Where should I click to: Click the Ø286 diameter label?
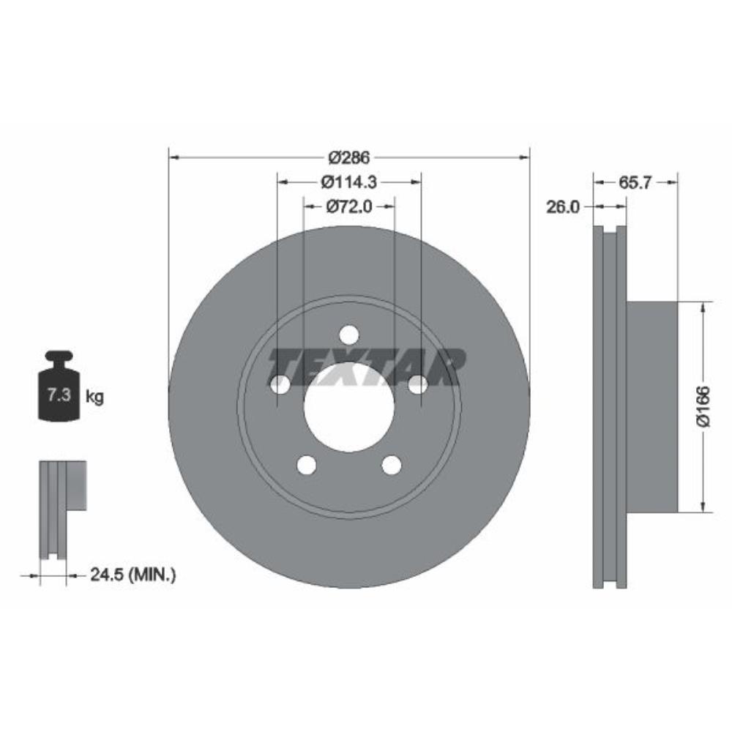click(348, 157)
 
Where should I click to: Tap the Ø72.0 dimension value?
click(348, 206)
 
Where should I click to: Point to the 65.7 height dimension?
click(635, 183)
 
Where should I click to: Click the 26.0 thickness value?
click(562, 207)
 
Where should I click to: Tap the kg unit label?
click(94, 397)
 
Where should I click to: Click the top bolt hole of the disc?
click(349, 335)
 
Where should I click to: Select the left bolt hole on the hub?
click(280, 384)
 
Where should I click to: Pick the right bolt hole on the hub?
click(418, 384)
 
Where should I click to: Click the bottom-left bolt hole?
click(306, 465)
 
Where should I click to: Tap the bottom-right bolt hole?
click(392, 465)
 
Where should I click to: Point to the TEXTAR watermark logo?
click(366, 366)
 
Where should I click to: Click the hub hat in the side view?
click(651, 406)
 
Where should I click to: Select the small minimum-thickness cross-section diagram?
click(61, 509)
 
